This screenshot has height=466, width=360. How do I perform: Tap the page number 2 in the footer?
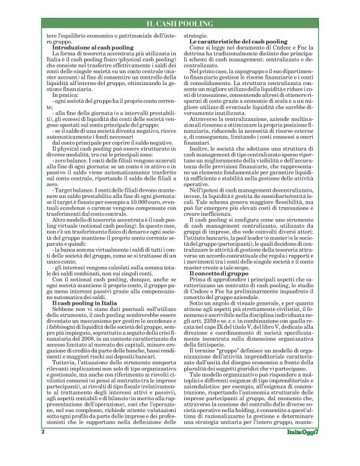(43, 447)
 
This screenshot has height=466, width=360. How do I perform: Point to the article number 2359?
(217, 319)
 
